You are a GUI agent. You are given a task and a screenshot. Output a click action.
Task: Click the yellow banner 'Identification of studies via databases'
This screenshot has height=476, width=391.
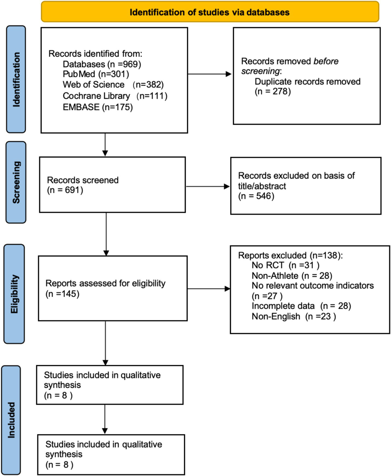coord(210,12)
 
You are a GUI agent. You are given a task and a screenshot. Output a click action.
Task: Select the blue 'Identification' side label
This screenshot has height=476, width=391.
coord(16,79)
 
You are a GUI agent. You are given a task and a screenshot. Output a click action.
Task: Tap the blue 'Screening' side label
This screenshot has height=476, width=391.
coord(16,182)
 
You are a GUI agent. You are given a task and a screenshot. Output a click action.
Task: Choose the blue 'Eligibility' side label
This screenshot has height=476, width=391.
coord(14,294)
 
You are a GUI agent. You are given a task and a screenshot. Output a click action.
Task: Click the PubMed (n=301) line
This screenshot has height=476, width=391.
coord(96,74)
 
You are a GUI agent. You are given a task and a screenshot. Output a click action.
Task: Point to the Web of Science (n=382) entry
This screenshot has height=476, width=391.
coord(113,85)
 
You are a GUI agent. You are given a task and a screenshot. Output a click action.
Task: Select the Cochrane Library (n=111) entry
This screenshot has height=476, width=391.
coord(115,96)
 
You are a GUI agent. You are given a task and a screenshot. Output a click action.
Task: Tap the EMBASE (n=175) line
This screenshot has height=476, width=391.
coord(98,107)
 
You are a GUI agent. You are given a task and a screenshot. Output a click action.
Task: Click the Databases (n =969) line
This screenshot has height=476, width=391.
coord(102,64)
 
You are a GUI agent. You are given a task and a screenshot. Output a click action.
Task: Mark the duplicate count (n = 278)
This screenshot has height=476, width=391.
coord(273,91)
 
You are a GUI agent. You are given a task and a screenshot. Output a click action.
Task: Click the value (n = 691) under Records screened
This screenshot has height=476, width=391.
coord(65,190)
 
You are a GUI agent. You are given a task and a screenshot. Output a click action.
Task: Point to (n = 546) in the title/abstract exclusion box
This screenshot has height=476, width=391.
coord(256,196)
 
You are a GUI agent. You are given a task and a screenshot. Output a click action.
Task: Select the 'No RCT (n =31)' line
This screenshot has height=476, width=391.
coord(285,265)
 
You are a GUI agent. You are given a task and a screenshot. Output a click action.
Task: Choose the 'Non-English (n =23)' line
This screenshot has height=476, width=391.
coord(294,316)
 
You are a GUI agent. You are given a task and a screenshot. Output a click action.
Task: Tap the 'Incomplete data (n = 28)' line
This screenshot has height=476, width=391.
coord(301,306)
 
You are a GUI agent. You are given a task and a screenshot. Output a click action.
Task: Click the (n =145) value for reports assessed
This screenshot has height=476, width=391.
coord(62,294)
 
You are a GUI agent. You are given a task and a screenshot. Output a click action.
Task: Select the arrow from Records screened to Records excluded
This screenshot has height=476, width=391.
coord(208,186)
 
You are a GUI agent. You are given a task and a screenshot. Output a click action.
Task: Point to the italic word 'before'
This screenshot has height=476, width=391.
coord(326,61)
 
